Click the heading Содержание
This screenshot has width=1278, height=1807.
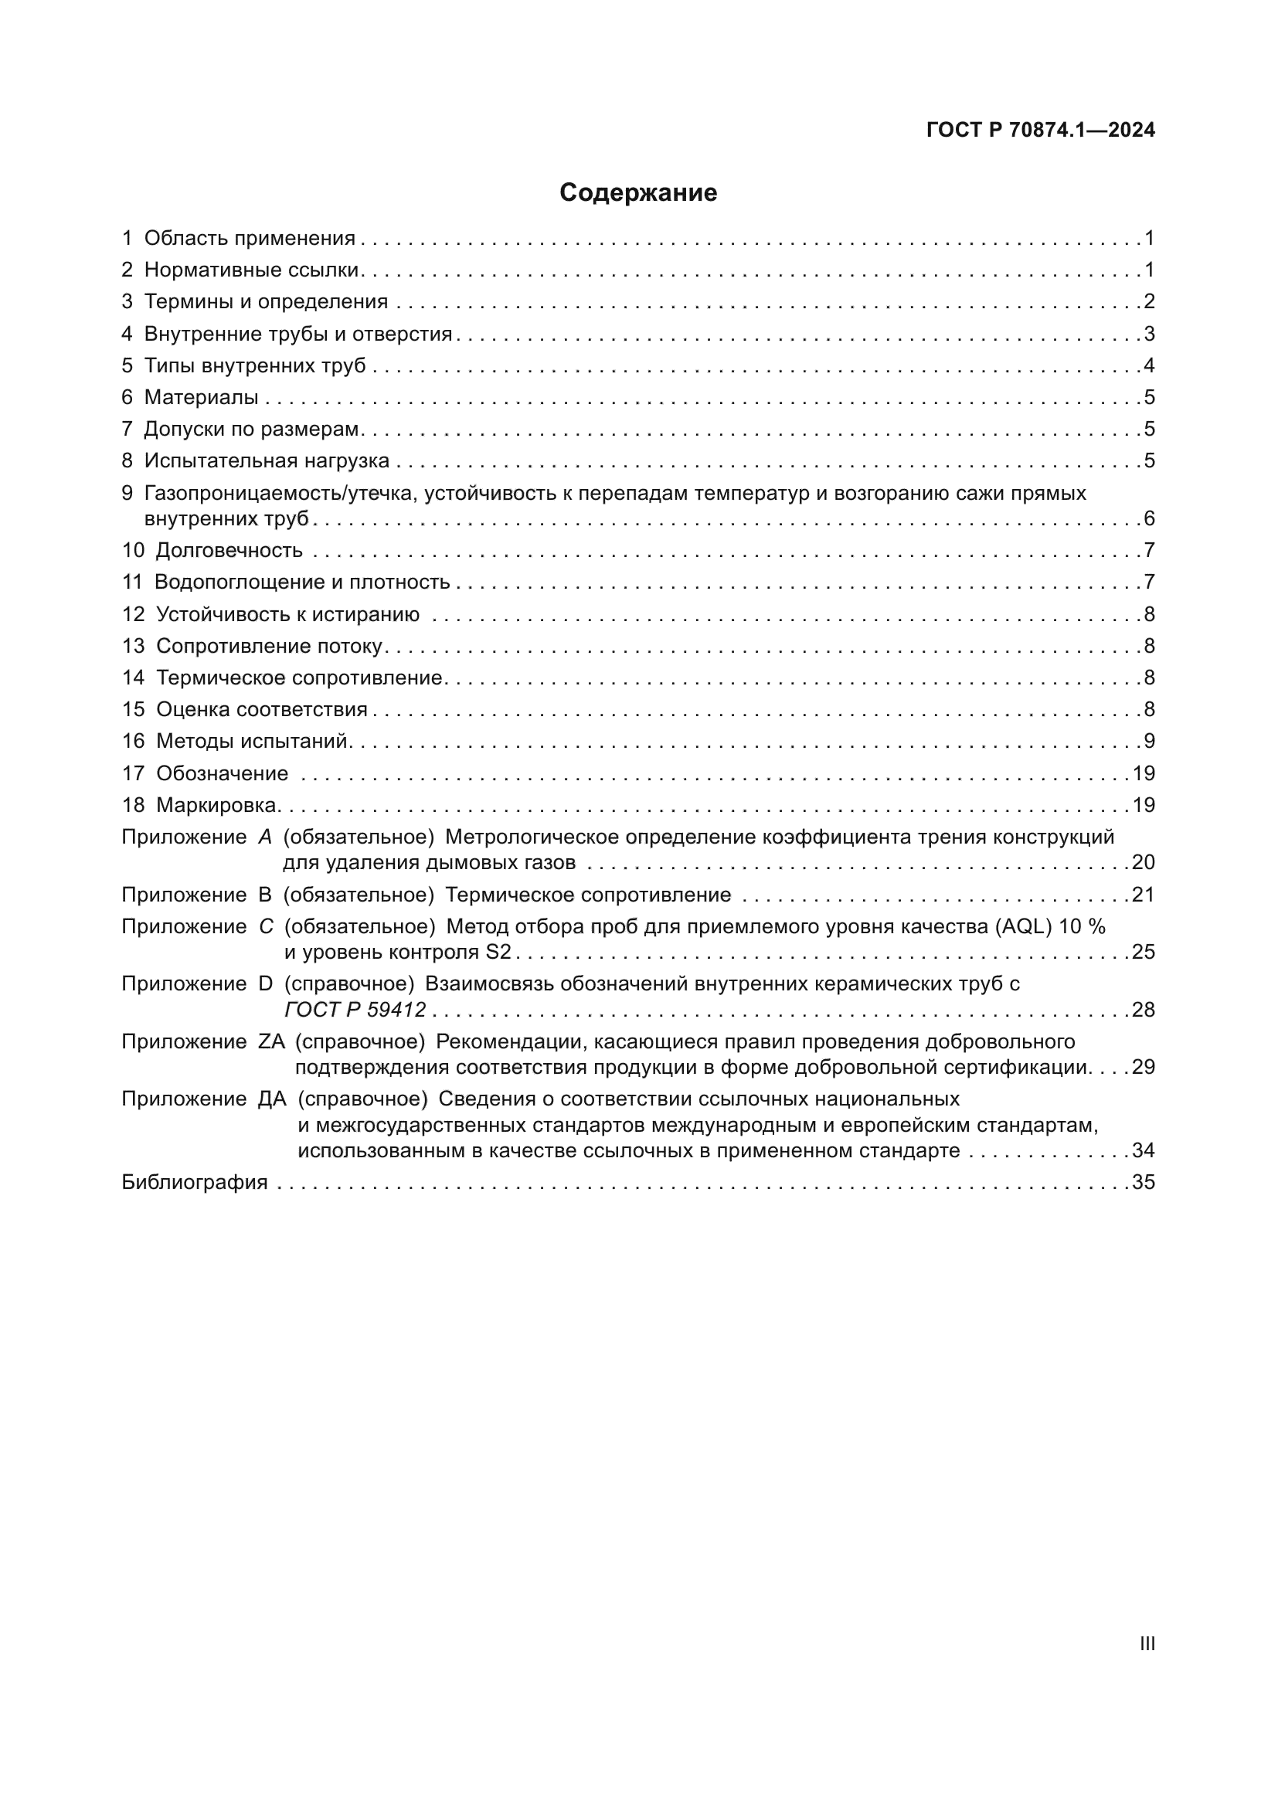tap(637, 193)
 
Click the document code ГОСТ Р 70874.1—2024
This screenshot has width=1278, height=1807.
tap(1040, 130)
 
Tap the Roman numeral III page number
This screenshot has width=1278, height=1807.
tap(1147, 1643)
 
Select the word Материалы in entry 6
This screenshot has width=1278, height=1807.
tap(201, 397)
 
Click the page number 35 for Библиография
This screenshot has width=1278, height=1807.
tap(1143, 1182)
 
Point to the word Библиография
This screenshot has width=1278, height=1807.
tap(195, 1182)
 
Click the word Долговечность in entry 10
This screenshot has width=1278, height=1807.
tap(229, 550)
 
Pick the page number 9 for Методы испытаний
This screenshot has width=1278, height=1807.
tap(1149, 742)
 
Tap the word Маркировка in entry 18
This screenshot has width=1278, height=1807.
tap(216, 805)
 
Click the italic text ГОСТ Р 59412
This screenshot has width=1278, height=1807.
tap(355, 1010)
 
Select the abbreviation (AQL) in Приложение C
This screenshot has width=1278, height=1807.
tap(1023, 926)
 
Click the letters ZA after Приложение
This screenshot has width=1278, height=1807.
tap(270, 1042)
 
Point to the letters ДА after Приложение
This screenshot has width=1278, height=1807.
tap(271, 1099)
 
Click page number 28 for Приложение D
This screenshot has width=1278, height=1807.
tap(1143, 1010)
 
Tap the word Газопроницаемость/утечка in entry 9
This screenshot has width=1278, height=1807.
tap(278, 494)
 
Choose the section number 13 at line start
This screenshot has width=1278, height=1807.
tap(133, 646)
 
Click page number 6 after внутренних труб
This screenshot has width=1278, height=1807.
tap(1149, 518)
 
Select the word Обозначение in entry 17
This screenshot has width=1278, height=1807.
tap(222, 773)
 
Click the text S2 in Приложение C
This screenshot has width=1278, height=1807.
tap(498, 953)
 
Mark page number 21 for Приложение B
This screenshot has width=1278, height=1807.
tap(1143, 895)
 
